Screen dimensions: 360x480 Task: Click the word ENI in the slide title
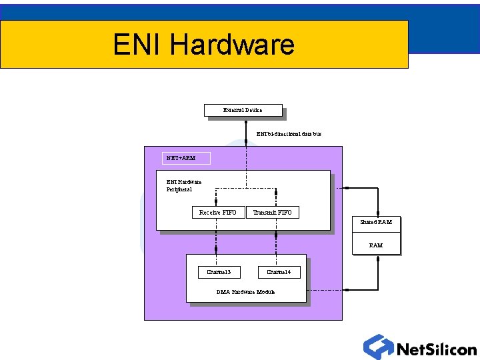coord(137,45)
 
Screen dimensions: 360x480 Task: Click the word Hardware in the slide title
coord(232,45)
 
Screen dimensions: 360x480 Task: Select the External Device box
coord(243,110)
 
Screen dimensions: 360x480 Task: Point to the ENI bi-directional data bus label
coord(289,134)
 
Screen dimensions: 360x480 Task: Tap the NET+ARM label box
coord(186,158)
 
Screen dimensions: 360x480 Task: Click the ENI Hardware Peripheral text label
coord(183,185)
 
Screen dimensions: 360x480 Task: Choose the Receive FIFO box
coord(218,213)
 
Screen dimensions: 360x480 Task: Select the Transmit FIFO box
coord(272,213)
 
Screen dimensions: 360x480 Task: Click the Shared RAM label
coord(376,222)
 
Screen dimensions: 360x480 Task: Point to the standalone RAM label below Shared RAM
coord(376,245)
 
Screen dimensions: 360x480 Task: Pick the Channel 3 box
coord(219,272)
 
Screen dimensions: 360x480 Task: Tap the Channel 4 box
coord(279,272)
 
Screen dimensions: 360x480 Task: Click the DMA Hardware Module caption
coord(245,292)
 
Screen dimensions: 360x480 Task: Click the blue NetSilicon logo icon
coord(378,347)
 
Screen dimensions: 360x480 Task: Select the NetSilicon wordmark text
coord(436,349)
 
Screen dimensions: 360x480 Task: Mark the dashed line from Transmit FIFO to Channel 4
coord(276,241)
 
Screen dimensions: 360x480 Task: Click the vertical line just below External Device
coord(246,130)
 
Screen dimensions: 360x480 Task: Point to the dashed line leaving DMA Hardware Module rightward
coord(340,290)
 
